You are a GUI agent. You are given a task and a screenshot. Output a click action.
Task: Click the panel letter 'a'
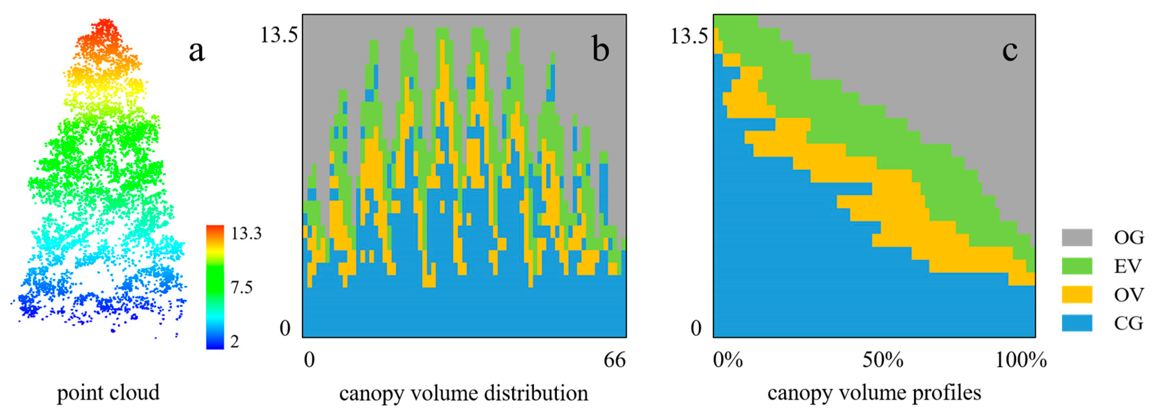[x=196, y=51]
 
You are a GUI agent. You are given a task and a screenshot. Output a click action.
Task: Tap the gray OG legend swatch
[x=1076, y=237]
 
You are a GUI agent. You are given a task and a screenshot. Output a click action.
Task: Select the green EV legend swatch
[x=1076, y=266]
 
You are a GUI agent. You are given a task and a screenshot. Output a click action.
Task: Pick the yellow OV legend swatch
[x=1076, y=295]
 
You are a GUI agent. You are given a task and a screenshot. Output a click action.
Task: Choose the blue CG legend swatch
[x=1076, y=323]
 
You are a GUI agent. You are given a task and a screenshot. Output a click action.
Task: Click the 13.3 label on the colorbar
[x=246, y=233]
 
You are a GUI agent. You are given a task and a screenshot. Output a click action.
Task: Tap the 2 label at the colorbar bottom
[x=234, y=342]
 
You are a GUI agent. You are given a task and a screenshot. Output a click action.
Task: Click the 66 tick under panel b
[x=614, y=360]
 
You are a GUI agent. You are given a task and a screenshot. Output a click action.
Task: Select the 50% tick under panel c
[x=883, y=360]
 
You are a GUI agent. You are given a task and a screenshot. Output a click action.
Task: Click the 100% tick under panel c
[x=1021, y=360]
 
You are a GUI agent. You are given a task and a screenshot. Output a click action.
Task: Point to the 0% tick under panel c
[x=728, y=360]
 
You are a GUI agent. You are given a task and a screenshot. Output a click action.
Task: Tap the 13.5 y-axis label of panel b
[x=279, y=35]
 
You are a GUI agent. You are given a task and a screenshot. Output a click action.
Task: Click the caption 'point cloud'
[x=108, y=393]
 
